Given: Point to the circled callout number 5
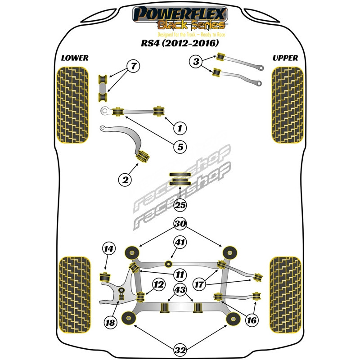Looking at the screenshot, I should pos(180,147).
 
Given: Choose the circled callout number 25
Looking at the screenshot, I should pos(180,206).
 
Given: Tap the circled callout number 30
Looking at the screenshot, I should pos(180,224).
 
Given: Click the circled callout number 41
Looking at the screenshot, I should pos(180,243).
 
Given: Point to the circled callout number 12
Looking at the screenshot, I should pos(158,284).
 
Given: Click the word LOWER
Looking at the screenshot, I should pos(75,58).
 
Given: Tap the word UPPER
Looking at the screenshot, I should pos(285,58).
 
